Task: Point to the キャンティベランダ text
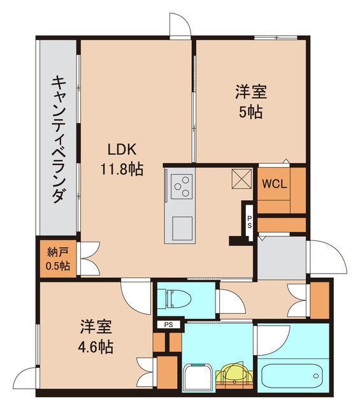tap(58, 139)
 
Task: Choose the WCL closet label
tap(275, 184)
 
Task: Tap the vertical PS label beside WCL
tap(250, 222)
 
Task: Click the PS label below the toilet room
tap(168, 324)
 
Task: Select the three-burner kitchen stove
tap(180, 187)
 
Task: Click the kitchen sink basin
tap(180, 228)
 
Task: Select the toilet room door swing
tap(226, 301)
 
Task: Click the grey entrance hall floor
tap(281, 256)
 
